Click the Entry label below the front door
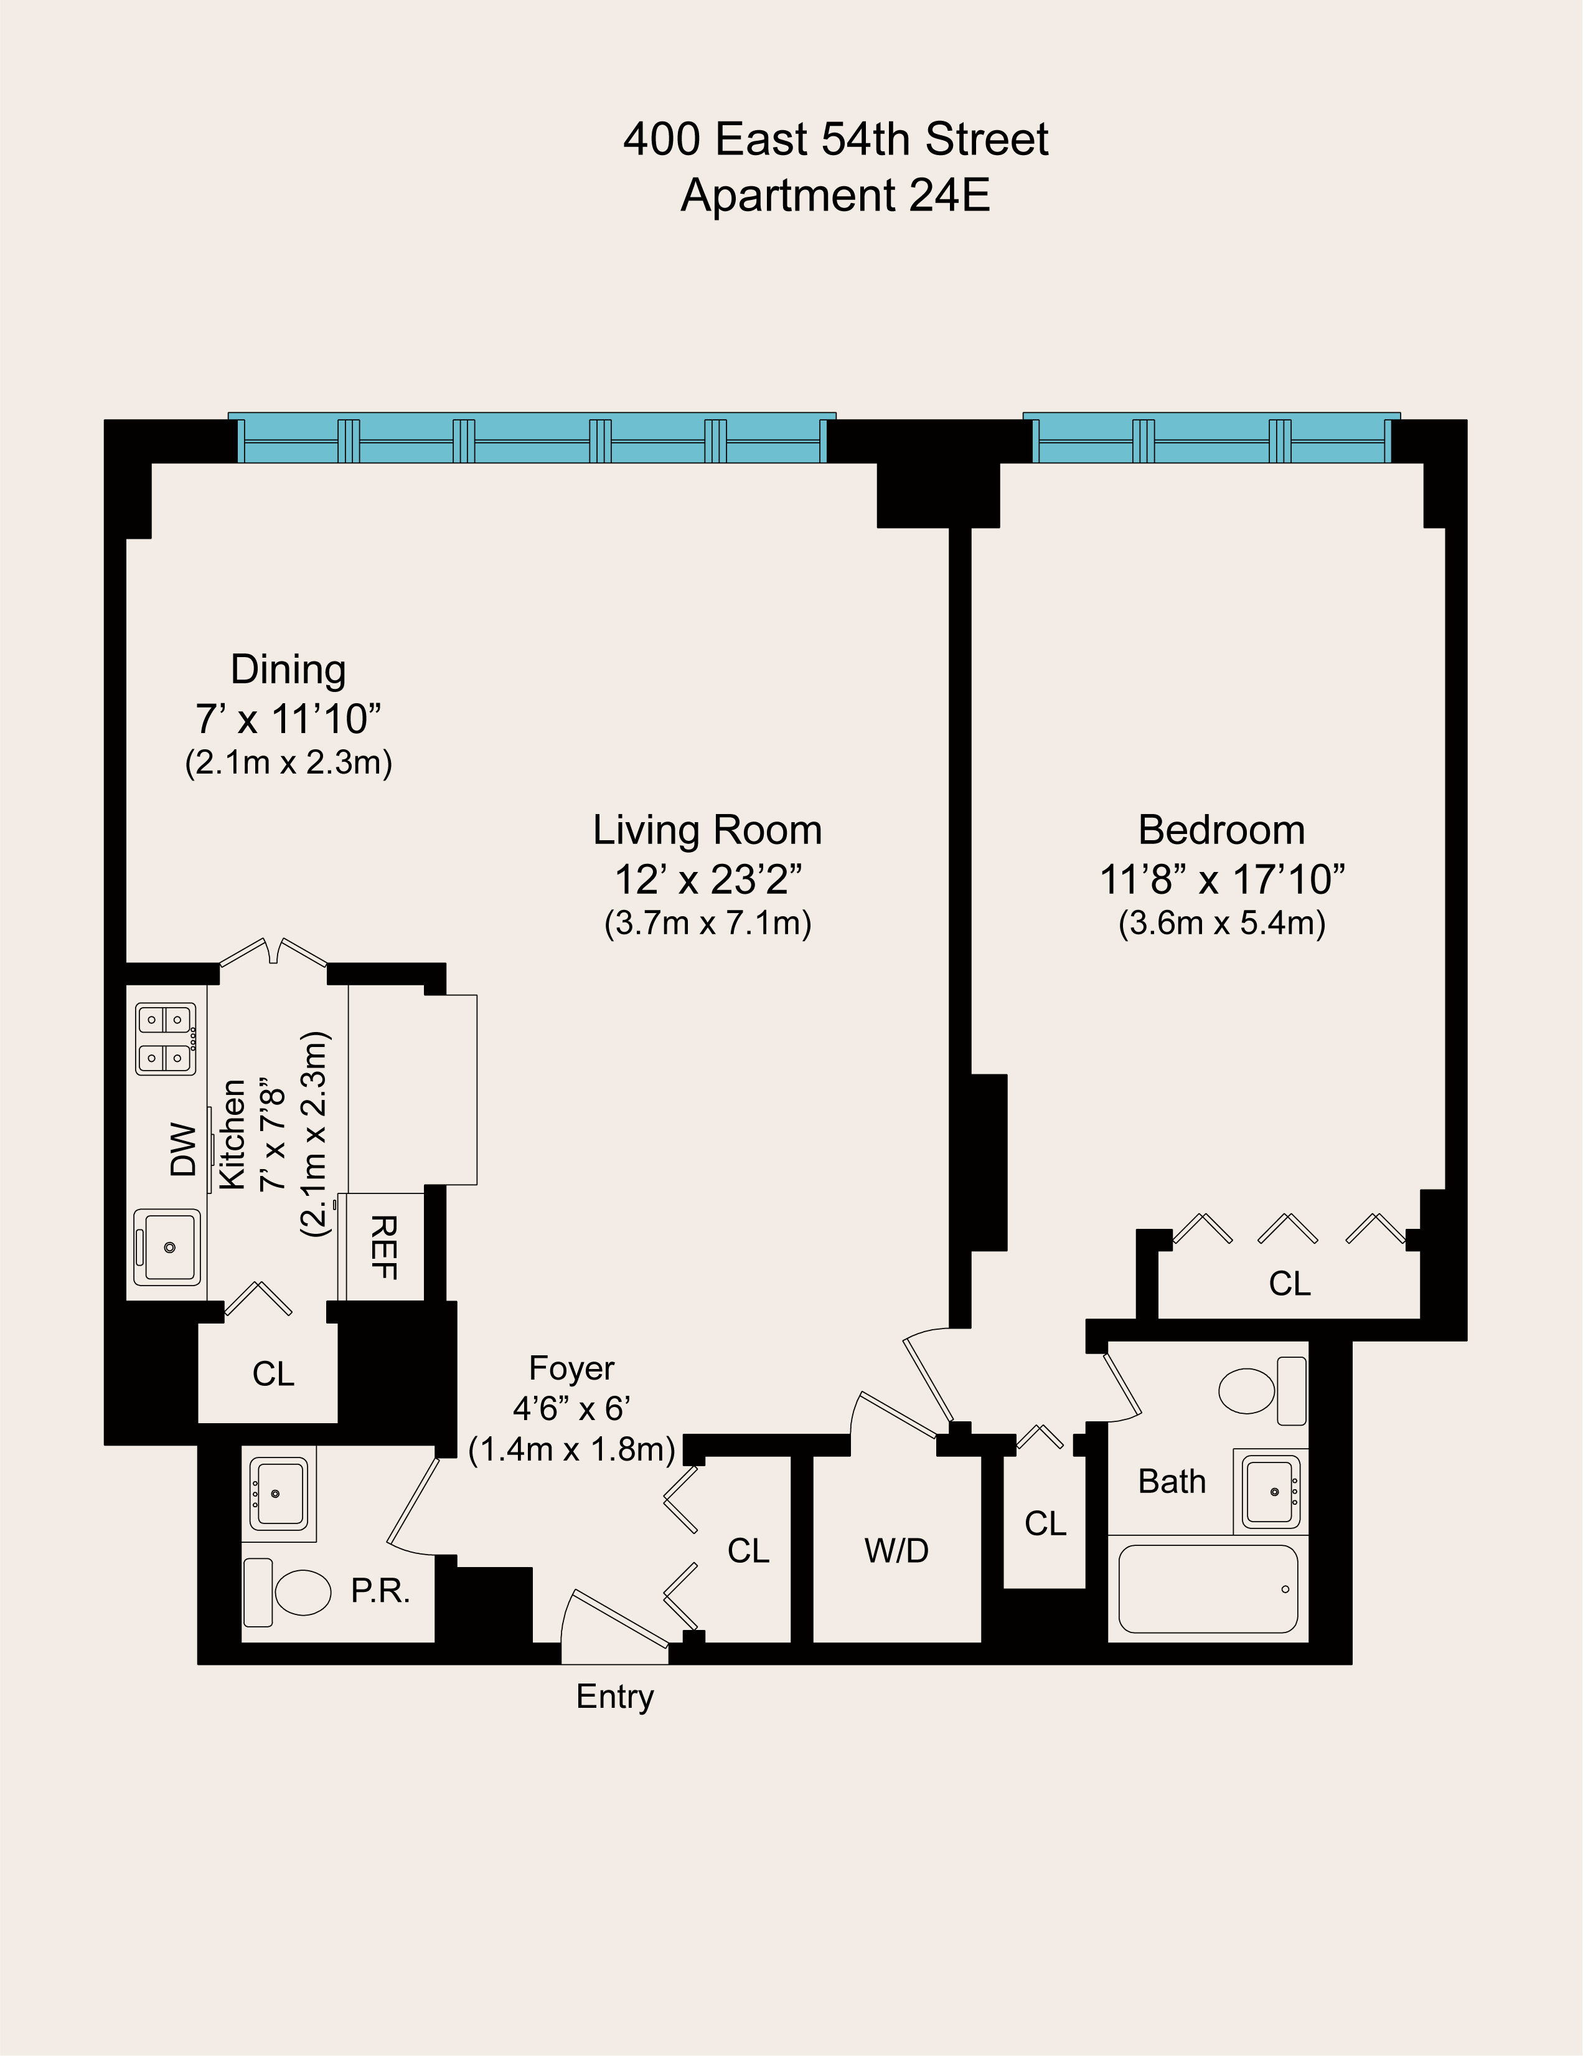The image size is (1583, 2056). click(614, 1723)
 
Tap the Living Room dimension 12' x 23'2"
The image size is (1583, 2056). click(708, 879)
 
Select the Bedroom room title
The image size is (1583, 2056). click(1221, 830)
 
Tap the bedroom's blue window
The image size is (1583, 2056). click(1211, 438)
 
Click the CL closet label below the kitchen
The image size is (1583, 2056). click(273, 1375)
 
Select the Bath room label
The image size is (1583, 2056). click(1171, 1482)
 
